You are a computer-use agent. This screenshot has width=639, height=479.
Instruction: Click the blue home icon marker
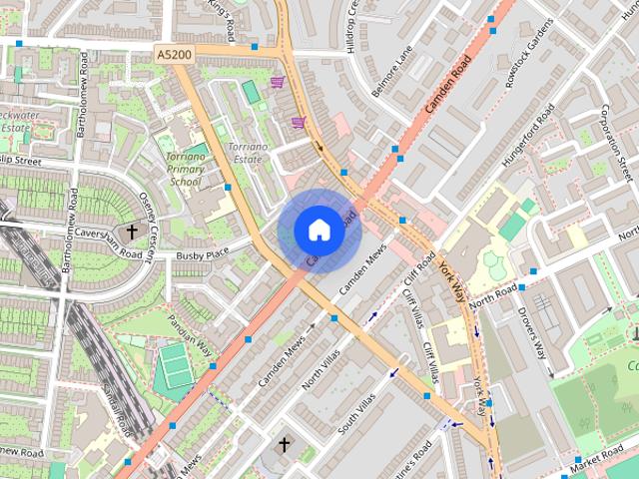[319, 231]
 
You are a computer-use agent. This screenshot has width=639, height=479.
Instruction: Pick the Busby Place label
[203, 254]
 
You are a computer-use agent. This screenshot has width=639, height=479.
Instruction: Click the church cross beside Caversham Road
[132, 232]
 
